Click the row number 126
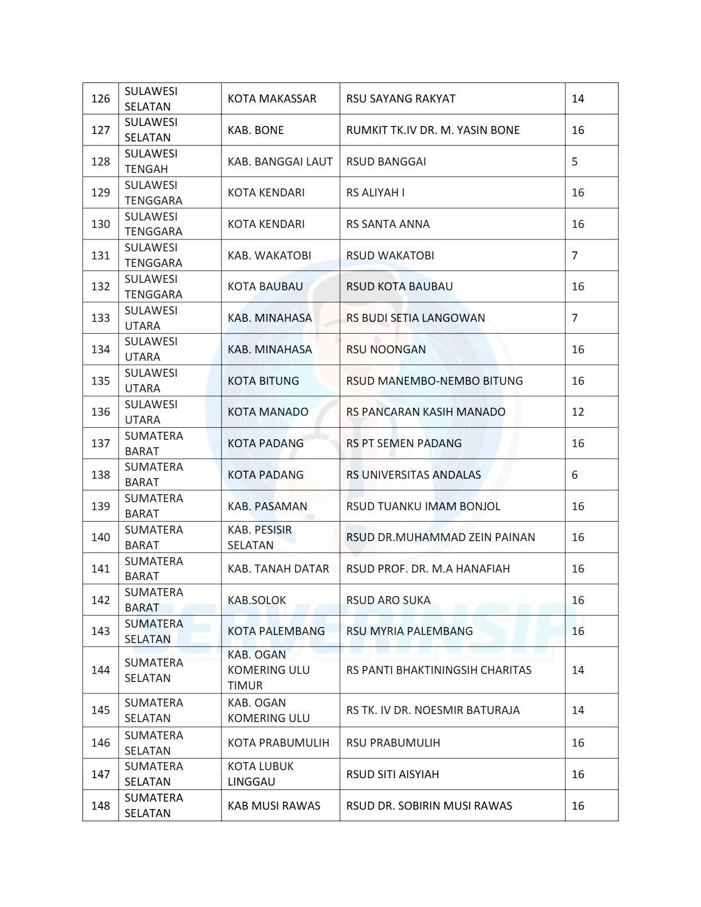coord(100,98)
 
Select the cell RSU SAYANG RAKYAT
coord(400,98)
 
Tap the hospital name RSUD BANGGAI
coord(385,161)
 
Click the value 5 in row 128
coord(574,161)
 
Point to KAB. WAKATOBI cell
coord(269,255)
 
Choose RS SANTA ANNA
coord(388,224)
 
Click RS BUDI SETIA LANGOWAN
coord(415,318)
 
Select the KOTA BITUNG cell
coord(263,381)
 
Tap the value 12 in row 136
coord(577,412)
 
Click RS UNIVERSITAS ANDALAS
coord(413,475)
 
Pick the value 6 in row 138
coord(574,475)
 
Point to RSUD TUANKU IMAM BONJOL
coord(423,506)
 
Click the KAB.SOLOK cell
coord(257,600)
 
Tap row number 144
coord(100,670)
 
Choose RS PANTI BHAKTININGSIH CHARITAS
coord(439,670)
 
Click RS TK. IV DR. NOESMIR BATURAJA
coord(432,710)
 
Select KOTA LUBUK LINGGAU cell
coord(261,774)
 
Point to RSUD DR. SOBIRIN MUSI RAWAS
coord(429,806)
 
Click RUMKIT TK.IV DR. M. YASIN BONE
coord(432,130)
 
